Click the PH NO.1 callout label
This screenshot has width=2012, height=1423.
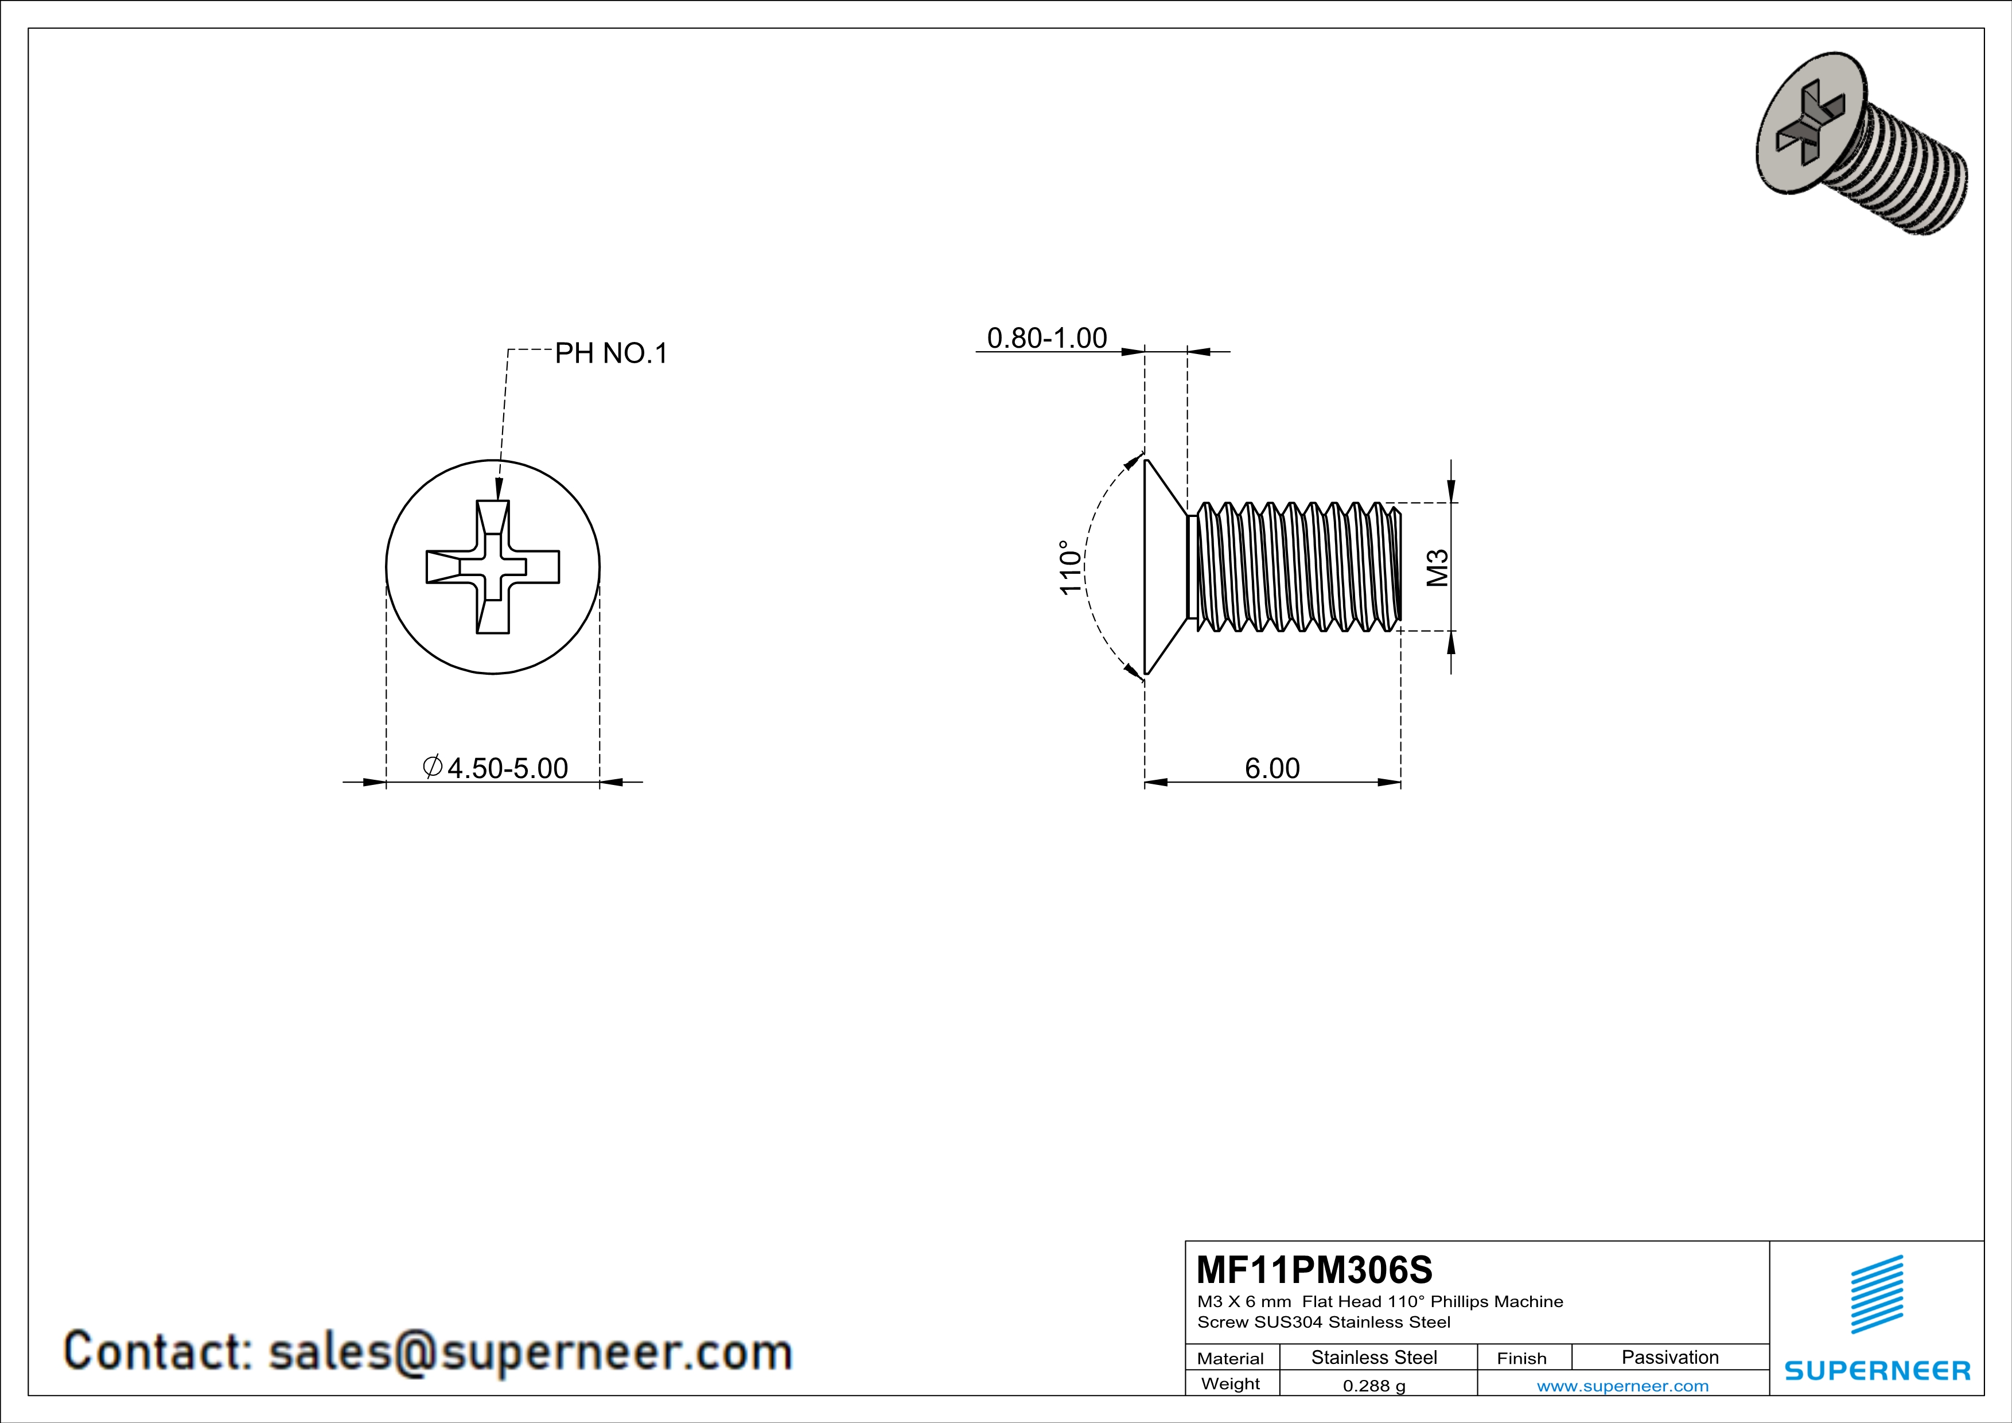coord(611,353)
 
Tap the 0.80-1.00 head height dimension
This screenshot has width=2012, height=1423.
coord(1046,338)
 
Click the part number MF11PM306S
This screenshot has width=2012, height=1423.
coord(1314,1269)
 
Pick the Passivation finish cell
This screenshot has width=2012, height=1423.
coord(1669,1357)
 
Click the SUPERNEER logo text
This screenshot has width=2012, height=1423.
coord(1877,1370)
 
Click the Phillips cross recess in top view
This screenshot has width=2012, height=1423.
coord(492,567)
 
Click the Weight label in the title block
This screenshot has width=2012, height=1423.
coord(1231,1383)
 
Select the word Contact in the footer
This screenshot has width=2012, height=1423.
coord(158,1350)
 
